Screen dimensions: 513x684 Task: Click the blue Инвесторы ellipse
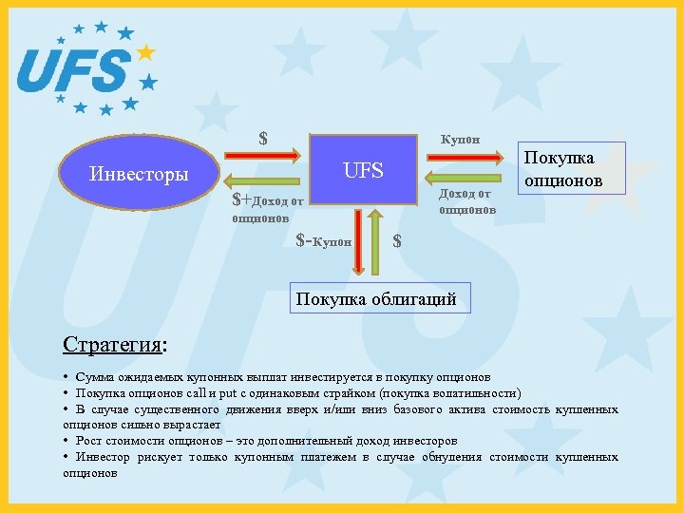(139, 174)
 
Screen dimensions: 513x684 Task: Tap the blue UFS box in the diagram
(364, 171)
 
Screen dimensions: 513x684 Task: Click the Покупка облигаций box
(376, 299)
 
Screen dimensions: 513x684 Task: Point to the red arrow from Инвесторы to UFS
(264, 154)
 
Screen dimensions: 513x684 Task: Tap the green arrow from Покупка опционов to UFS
(461, 177)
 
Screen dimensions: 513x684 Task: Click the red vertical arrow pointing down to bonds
(357, 241)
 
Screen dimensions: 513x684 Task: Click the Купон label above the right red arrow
(460, 139)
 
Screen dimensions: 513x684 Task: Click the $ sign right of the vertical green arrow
(397, 241)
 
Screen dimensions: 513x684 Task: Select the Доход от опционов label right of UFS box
(466, 201)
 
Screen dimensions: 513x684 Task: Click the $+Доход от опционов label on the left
(268, 208)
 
